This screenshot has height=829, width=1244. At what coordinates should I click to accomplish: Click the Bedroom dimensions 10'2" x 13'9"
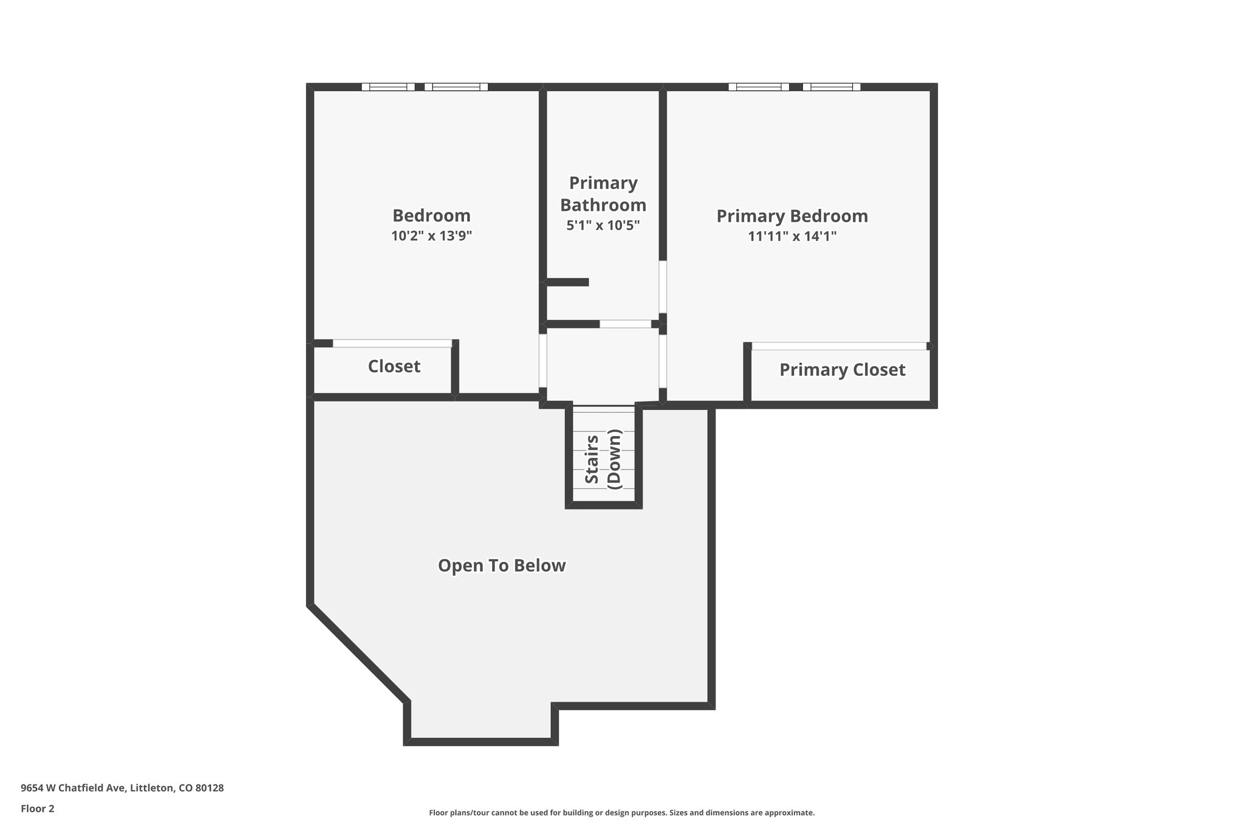(x=431, y=236)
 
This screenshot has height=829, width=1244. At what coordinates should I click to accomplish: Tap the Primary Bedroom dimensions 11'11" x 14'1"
(x=792, y=236)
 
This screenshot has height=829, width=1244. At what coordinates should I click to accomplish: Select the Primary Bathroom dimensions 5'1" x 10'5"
(x=603, y=225)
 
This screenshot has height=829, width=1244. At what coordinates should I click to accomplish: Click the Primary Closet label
(x=842, y=370)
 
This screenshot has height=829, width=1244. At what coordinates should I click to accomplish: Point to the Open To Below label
(x=502, y=565)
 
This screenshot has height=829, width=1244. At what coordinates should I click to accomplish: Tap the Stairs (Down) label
(x=603, y=459)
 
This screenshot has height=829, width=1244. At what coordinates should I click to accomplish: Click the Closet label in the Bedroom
(x=394, y=366)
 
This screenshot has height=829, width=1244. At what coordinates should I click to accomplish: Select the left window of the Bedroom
(x=388, y=87)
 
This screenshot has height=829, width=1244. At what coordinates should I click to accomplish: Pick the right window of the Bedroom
(x=456, y=87)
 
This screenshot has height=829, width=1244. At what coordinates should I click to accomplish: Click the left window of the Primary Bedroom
(x=759, y=87)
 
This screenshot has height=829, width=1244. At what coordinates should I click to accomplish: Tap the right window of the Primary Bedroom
(x=831, y=87)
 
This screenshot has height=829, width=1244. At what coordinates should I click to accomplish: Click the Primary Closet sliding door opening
(x=839, y=346)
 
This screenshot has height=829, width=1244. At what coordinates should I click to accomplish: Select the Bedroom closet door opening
(x=392, y=343)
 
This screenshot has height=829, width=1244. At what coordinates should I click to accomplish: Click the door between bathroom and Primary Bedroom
(x=663, y=287)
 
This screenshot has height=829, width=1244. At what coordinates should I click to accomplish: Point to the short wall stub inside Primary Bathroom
(x=567, y=282)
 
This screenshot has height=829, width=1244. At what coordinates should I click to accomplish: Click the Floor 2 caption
(x=37, y=808)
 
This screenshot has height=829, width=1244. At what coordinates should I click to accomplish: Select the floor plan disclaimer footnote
(x=621, y=813)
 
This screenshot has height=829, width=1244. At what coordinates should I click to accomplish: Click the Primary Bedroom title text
(x=792, y=216)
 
